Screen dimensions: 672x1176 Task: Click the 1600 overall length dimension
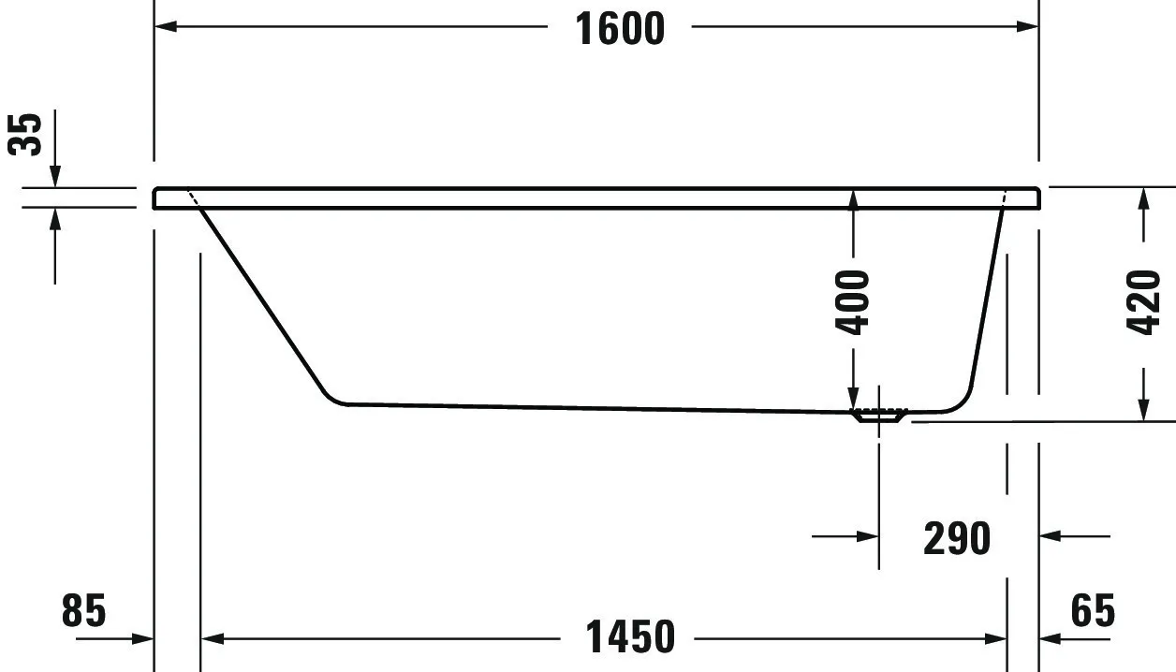click(x=619, y=28)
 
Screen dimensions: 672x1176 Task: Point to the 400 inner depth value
click(x=853, y=301)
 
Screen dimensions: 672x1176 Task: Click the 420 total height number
click(x=1143, y=301)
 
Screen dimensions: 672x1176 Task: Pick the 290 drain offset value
click(x=956, y=538)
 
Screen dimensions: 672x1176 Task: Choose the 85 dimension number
click(x=84, y=612)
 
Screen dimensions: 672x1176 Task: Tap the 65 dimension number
click(x=1093, y=612)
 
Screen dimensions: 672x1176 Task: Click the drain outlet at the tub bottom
click(x=878, y=415)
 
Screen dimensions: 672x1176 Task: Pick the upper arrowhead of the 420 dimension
click(x=1143, y=198)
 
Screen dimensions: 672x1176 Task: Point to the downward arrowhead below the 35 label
click(x=55, y=176)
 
